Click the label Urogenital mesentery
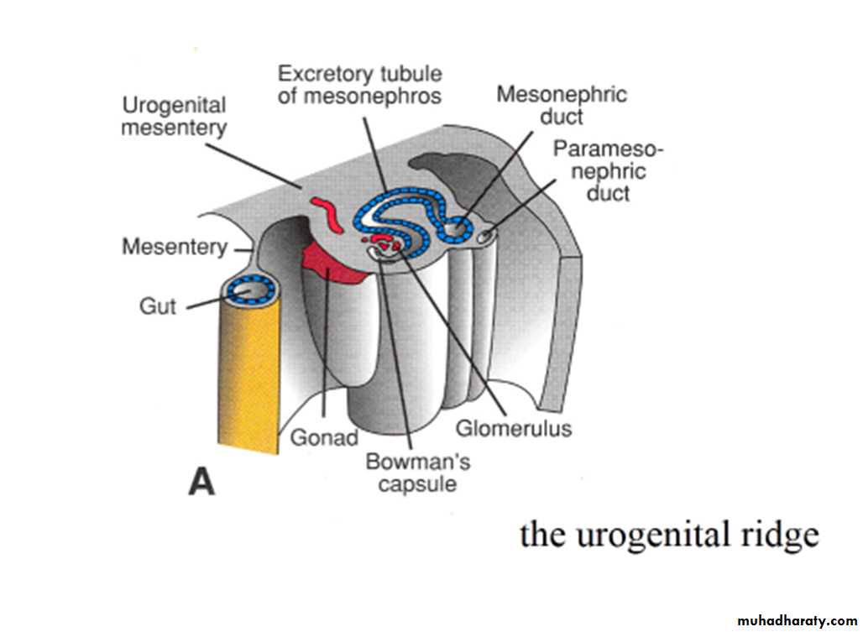(175, 117)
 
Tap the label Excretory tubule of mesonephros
(360, 85)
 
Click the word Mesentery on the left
(175, 247)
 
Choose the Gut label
(158, 306)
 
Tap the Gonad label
(324, 437)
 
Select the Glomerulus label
(514, 428)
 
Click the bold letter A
(202, 482)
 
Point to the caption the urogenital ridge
(669, 534)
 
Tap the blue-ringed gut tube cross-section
(250, 290)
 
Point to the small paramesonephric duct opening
(484, 239)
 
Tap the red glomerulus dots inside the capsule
(384, 245)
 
